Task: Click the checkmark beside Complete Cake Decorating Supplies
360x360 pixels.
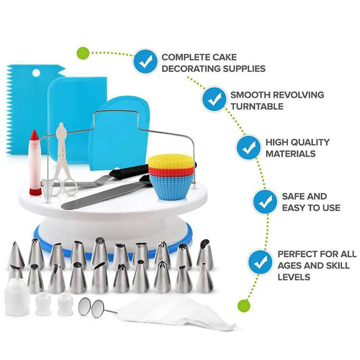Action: pos(145,61)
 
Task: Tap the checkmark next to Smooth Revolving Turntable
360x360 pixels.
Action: pos(214,99)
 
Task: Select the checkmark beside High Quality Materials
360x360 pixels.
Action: pos(248,148)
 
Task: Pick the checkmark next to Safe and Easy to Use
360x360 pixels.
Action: pos(265,201)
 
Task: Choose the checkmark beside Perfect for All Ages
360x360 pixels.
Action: pos(261,263)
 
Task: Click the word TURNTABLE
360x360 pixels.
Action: pos(257,107)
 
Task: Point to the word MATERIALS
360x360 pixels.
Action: pos(290,153)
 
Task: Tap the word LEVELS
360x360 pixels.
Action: pos(294,277)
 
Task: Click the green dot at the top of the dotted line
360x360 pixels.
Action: pos(83,53)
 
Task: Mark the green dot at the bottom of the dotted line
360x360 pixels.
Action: pos(244,306)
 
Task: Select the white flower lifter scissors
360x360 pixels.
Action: pos(63,160)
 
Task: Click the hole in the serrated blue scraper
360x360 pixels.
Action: pos(36,73)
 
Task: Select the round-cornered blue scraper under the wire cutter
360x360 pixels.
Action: pos(120,134)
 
